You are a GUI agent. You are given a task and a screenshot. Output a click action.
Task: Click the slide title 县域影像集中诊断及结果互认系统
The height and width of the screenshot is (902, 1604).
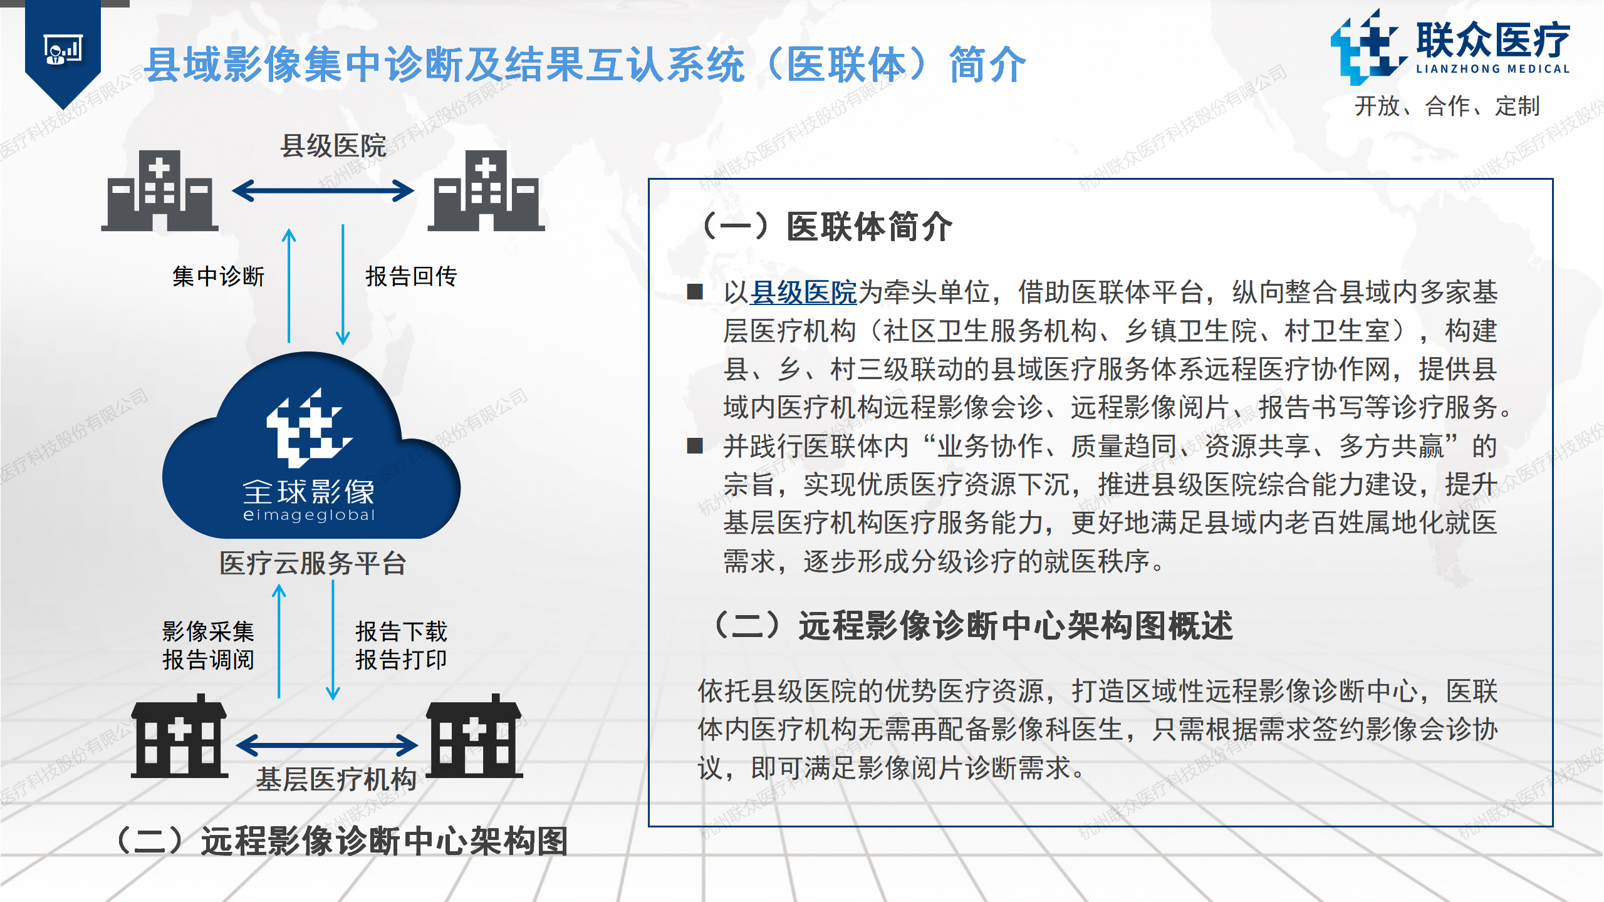click(x=445, y=65)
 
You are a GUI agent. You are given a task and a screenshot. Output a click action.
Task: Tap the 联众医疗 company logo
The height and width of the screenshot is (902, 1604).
click(x=1450, y=47)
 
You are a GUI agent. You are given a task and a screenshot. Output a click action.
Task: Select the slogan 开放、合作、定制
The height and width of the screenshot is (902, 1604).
click(x=1447, y=106)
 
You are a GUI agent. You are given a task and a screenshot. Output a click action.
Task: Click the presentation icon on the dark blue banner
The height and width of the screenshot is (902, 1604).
click(x=63, y=49)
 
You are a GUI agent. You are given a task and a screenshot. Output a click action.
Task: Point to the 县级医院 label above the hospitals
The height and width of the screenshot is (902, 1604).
click(x=333, y=146)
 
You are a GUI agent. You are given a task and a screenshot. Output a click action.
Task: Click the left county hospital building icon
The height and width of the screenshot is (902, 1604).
click(x=160, y=190)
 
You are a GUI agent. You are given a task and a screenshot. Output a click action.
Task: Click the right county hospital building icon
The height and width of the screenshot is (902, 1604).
click(x=486, y=190)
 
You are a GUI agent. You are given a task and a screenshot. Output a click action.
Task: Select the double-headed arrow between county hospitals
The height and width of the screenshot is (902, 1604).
click(x=323, y=190)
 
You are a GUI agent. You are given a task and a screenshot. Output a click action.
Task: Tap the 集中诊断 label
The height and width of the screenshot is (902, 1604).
click(x=218, y=276)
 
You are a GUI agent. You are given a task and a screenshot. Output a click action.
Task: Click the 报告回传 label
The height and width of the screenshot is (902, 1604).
click(x=411, y=276)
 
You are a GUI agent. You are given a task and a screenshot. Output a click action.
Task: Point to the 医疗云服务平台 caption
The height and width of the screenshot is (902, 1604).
click(x=313, y=563)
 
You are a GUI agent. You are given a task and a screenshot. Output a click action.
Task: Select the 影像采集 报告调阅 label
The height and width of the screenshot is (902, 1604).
click(x=208, y=645)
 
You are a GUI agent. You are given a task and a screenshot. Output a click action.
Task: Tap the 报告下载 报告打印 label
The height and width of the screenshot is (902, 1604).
click(x=401, y=645)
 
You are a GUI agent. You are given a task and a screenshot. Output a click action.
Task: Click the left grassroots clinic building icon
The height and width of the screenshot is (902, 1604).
click(x=179, y=736)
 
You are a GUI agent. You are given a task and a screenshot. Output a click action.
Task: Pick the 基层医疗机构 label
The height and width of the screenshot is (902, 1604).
click(x=336, y=779)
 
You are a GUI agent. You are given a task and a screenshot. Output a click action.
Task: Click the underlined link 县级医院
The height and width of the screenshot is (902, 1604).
click(x=803, y=293)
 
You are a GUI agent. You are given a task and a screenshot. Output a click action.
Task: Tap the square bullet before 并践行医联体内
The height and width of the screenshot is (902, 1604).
click(x=695, y=446)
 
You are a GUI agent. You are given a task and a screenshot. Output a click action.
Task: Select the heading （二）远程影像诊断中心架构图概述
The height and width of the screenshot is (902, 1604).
click(x=971, y=626)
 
